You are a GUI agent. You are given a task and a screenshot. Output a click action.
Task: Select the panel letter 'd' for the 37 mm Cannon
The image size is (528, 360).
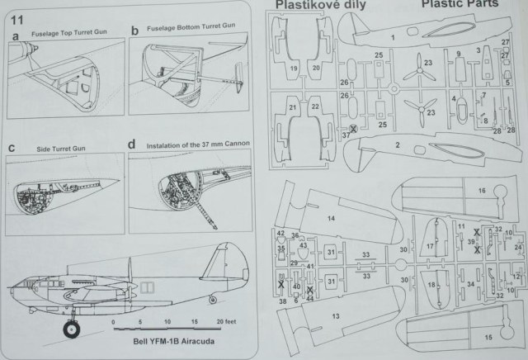(133, 145)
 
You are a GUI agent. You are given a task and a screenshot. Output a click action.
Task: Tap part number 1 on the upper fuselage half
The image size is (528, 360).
(393, 37)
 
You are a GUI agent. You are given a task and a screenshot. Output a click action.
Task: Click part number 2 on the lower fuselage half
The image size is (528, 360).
(398, 145)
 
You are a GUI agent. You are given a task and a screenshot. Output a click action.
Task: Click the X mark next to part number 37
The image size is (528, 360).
(354, 129)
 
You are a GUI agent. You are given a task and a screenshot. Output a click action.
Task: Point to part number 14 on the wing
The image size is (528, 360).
(330, 218)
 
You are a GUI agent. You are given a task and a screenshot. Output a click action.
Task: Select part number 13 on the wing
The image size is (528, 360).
(337, 315)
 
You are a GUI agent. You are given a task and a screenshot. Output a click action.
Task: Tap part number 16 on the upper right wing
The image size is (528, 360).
(481, 191)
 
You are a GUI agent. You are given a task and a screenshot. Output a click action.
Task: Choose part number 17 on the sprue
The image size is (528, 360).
(431, 246)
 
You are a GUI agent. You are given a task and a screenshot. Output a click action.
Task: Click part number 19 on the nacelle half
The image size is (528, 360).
(294, 66)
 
